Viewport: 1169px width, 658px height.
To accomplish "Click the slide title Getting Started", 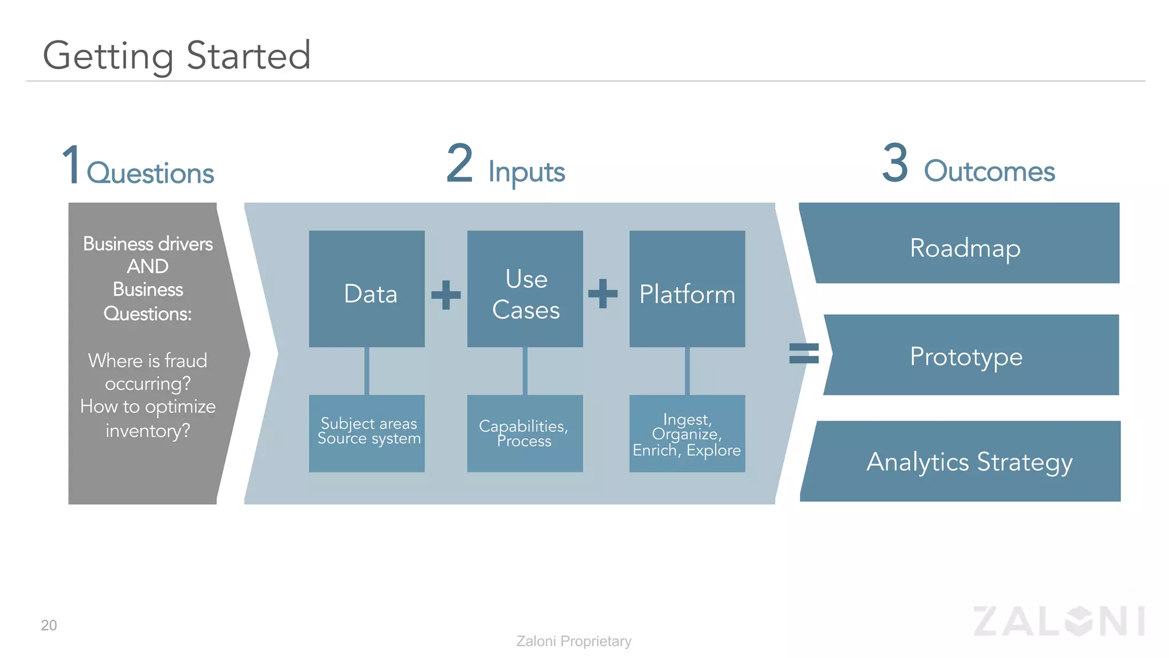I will pyautogui.click(x=177, y=56).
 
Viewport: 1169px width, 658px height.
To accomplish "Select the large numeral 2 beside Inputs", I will pyautogui.click(x=459, y=163).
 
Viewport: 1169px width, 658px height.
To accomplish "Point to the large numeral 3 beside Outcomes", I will pyautogui.click(x=895, y=163).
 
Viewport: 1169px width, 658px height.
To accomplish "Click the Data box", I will pyautogui.click(x=366, y=289).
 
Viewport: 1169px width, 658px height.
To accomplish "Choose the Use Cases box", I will pyautogui.click(x=525, y=289).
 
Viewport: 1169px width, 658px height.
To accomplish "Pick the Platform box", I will pyautogui.click(x=687, y=289).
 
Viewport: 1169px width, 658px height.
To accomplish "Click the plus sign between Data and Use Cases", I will pyautogui.click(x=446, y=295).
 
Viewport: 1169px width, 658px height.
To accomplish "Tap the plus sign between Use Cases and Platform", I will pyautogui.click(x=603, y=294).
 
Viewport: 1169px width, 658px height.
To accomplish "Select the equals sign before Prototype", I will pyautogui.click(x=804, y=353).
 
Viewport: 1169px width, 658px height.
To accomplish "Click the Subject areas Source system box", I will pyautogui.click(x=366, y=433).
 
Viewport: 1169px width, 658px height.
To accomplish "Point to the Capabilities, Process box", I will pyautogui.click(x=525, y=433).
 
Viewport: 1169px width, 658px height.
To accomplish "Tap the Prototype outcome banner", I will pyautogui.click(x=970, y=355).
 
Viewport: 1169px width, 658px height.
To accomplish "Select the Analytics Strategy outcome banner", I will pyautogui.click(x=965, y=462).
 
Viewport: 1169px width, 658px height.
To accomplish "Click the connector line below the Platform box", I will pyautogui.click(x=687, y=371).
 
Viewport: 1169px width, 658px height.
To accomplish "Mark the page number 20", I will pyautogui.click(x=49, y=625).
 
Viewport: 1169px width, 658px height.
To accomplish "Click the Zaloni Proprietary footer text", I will pyautogui.click(x=574, y=641).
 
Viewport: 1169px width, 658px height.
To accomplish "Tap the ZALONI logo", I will pyautogui.click(x=1059, y=621).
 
